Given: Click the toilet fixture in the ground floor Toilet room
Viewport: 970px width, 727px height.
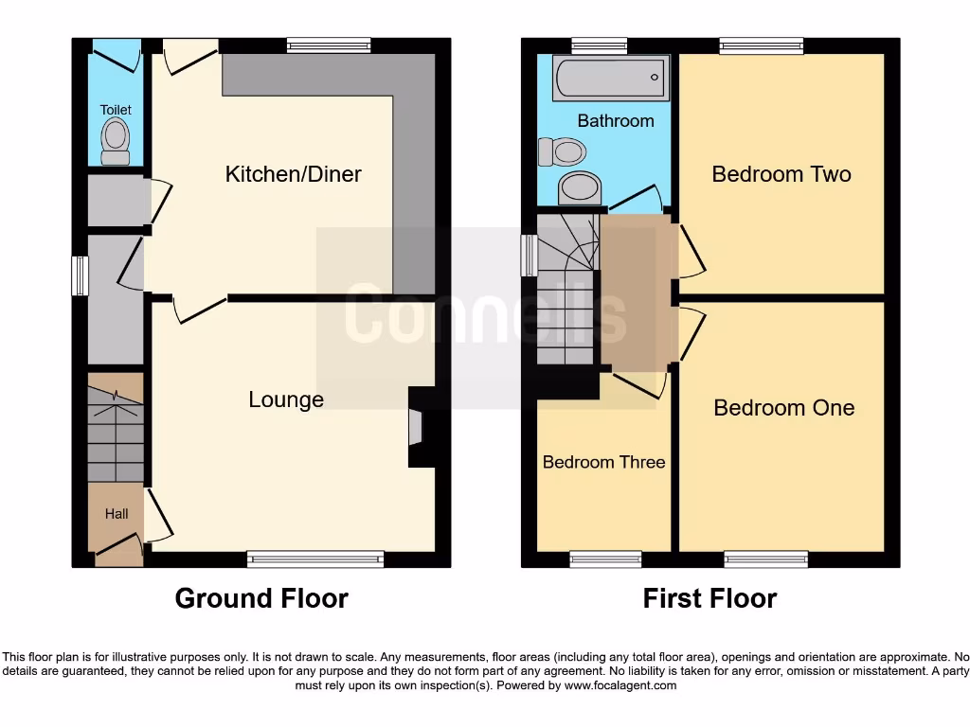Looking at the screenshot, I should tap(116, 141).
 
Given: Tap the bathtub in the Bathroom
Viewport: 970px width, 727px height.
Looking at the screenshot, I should tap(611, 77).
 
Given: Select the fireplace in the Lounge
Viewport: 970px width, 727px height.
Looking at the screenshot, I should tap(416, 426).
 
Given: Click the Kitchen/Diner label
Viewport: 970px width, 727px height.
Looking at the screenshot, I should tap(293, 174).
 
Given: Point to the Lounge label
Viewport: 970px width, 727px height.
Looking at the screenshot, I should tap(286, 400).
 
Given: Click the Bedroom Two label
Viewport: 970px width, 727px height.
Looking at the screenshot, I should tap(781, 174).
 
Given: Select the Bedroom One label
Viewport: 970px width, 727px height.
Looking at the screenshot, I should tap(783, 408).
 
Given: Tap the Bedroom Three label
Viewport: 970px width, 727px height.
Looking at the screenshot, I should tap(603, 462).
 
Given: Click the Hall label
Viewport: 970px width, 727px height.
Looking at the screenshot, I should tap(117, 514).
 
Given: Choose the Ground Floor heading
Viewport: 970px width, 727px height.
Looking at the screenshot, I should tap(261, 598).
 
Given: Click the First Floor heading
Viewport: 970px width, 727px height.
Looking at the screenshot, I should tap(710, 598).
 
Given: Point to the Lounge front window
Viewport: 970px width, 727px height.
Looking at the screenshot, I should tap(315, 559).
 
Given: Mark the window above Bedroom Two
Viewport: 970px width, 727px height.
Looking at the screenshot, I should tap(762, 44).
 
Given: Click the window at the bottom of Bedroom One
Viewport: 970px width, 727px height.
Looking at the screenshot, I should tap(766, 559).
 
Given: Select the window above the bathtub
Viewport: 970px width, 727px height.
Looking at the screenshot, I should tap(599, 44).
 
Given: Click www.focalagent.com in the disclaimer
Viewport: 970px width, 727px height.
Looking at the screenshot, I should tap(620, 685).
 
